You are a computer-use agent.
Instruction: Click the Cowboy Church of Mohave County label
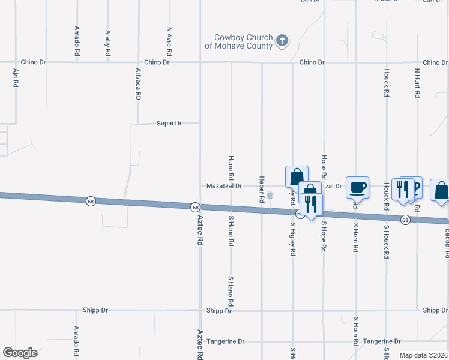click(238, 41)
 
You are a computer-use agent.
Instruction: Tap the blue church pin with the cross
click(282, 41)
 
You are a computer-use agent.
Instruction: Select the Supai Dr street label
click(169, 123)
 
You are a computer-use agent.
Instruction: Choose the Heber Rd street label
click(262, 188)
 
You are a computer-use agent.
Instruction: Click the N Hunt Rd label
click(417, 83)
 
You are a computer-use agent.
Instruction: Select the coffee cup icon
click(358, 187)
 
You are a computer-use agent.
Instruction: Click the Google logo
click(20, 353)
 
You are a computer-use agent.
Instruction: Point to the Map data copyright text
click(423, 355)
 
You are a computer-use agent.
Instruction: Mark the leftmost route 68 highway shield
click(90, 200)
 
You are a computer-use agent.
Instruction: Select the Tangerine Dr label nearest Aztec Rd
click(225, 341)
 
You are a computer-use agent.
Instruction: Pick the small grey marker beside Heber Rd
click(270, 195)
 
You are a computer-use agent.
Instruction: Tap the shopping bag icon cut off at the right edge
click(441, 190)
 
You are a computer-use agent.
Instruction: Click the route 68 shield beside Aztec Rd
click(195, 207)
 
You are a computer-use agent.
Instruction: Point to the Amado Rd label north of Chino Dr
click(77, 41)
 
